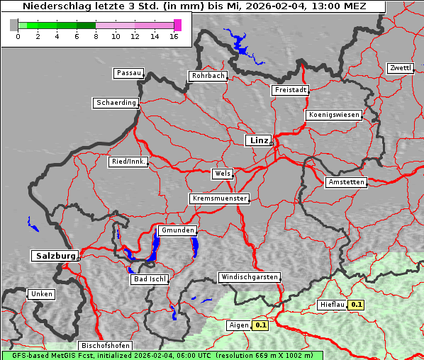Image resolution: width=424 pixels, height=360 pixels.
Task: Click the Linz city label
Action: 259,140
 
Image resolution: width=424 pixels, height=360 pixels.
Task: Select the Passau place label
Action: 128,73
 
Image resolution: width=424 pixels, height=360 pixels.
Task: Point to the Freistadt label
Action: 290,90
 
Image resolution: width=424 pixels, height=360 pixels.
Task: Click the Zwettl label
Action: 400,68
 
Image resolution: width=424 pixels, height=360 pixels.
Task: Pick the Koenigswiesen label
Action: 334,114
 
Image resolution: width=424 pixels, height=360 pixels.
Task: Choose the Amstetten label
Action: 346,182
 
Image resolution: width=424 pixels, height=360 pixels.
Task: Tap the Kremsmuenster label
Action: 220,198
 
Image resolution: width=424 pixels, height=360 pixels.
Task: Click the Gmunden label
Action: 177,230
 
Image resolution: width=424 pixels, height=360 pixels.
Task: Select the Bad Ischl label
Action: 150,279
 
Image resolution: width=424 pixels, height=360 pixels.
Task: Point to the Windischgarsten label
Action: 249,277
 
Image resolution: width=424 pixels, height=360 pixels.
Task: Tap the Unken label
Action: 41,293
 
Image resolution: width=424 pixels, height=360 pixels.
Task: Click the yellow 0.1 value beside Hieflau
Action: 357,305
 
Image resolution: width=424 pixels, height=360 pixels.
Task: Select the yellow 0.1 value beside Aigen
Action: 261,325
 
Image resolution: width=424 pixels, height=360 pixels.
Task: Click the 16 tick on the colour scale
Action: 175,36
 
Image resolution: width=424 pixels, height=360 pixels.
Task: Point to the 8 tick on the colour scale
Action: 96,36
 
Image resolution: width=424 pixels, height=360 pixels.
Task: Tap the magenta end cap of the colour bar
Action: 177,25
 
